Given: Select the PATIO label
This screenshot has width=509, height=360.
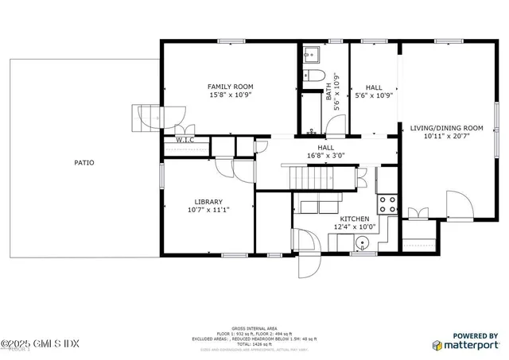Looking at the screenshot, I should coord(84,163).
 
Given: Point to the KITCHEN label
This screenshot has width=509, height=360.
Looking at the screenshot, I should coord(354,219).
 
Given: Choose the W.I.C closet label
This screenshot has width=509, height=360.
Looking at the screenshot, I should coord(185,140).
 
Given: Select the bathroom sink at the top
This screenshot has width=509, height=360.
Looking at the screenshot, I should coord(310,53).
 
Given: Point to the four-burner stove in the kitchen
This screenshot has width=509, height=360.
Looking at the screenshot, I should coord(387,204).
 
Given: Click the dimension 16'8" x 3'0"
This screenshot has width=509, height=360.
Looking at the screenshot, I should coord(325,157).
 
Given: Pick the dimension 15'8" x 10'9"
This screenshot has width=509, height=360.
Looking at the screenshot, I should coord(230,95).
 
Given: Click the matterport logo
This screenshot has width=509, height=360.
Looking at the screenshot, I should coord(466,344).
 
